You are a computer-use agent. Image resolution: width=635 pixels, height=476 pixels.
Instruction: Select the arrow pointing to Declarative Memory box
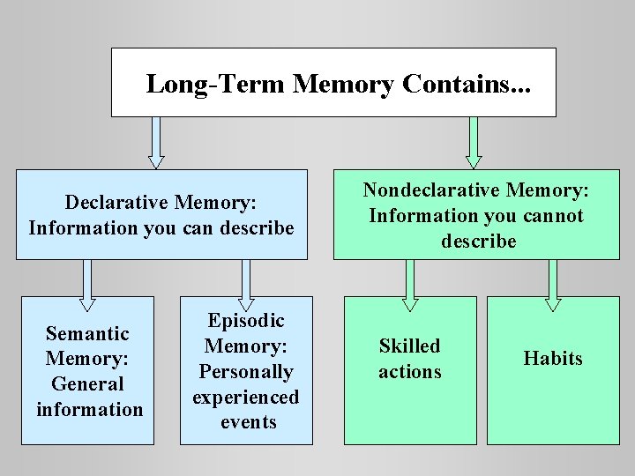(156, 142)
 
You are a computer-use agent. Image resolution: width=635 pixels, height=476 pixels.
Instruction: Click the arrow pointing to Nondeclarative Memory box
(474, 142)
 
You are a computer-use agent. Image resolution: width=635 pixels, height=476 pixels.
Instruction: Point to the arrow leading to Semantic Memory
(86, 285)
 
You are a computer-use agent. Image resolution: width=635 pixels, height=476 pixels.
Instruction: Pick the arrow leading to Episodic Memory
(246, 285)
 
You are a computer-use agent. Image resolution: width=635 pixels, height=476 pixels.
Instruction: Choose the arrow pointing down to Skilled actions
(410, 285)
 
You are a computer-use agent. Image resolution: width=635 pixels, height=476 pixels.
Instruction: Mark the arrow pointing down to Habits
(553, 285)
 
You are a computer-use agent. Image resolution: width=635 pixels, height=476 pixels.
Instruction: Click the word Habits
(553, 358)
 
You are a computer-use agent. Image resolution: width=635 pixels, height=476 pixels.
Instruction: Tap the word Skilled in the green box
(409, 346)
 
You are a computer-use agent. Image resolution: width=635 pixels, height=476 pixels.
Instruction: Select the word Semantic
(87, 333)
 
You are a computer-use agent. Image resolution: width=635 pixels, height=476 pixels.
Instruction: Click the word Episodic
(246, 321)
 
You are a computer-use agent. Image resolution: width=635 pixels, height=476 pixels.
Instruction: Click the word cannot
(554, 215)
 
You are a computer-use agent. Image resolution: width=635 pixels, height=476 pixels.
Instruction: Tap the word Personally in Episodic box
(246, 372)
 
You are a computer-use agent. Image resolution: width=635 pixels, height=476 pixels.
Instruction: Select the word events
(248, 422)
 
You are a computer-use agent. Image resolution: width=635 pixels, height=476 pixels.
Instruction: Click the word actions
(409, 371)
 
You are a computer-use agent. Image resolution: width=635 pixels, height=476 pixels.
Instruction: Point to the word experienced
(246, 398)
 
